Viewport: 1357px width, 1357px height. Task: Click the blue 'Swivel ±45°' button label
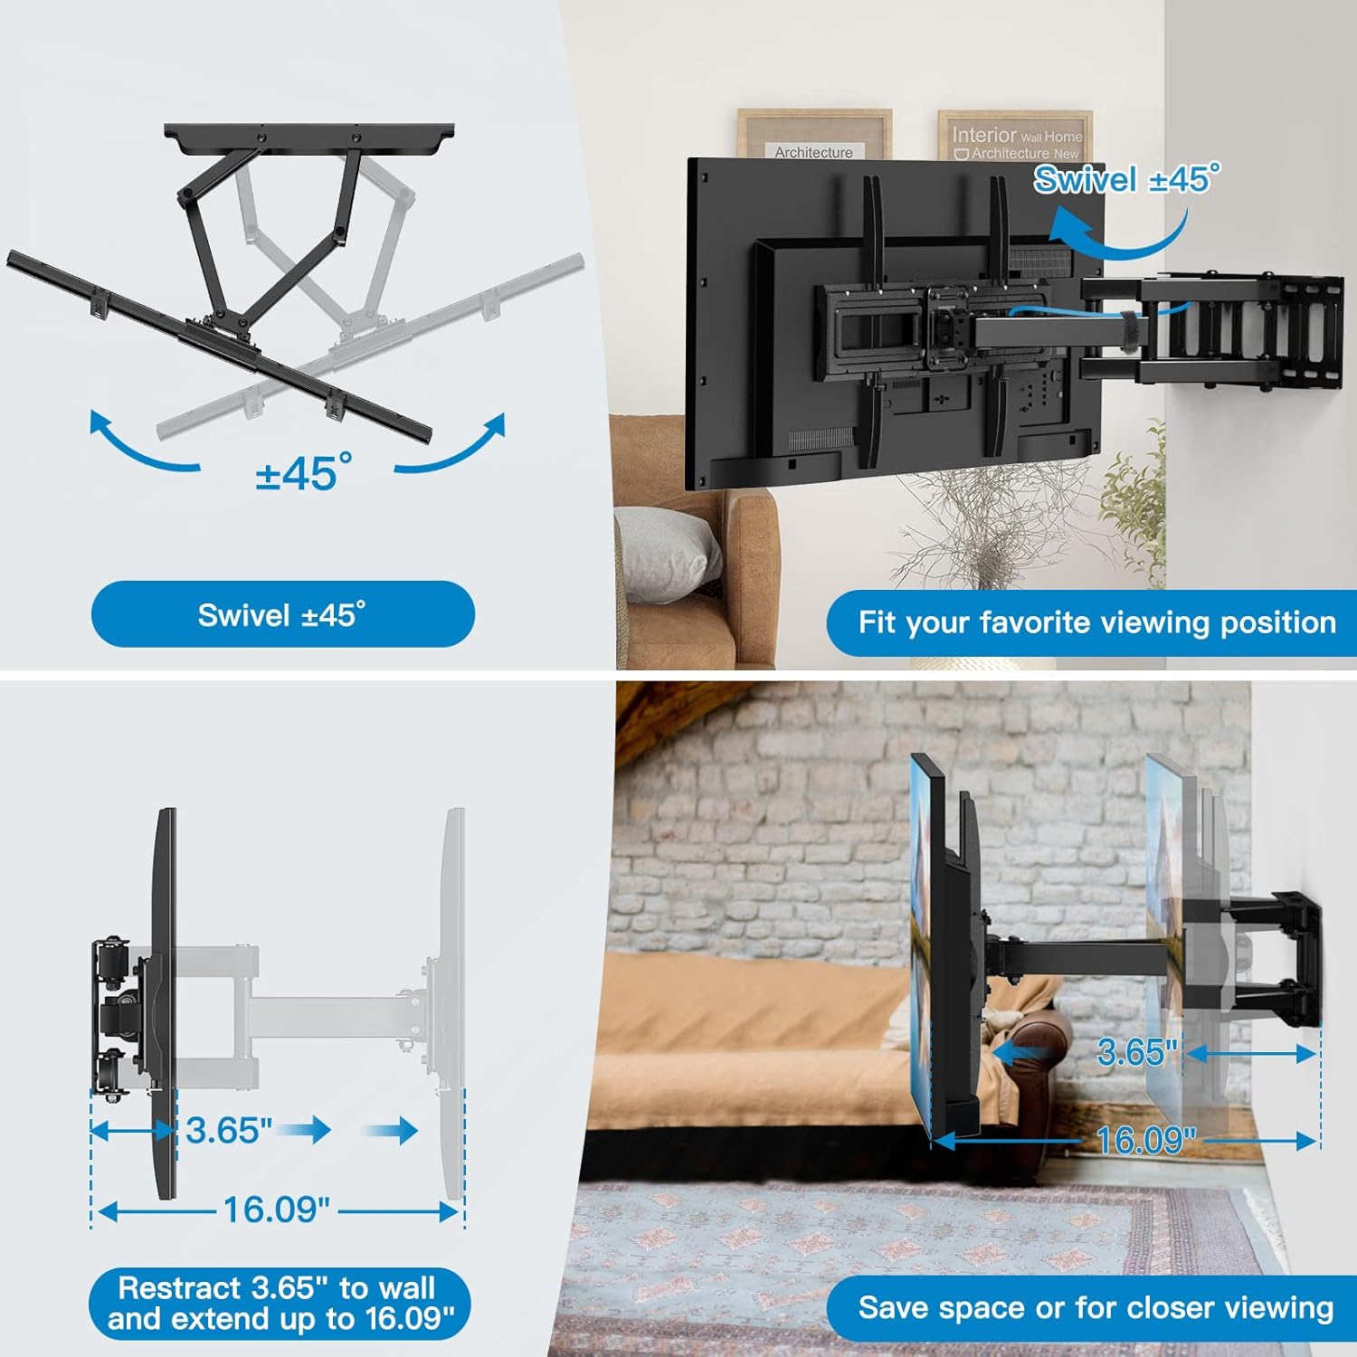point(282,615)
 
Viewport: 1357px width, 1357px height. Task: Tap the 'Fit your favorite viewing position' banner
point(1096,622)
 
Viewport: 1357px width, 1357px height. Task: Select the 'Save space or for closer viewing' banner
point(1095,1307)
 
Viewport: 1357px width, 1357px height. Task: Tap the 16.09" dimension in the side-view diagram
point(276,1210)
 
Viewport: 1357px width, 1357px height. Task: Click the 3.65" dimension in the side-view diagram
point(229,1130)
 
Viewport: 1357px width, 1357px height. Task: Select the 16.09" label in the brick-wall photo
point(1145,1140)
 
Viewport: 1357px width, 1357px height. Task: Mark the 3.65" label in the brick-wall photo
point(1137,1052)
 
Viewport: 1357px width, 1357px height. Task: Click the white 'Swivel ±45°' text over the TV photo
point(1126,179)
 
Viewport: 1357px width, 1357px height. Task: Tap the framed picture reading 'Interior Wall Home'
point(1015,136)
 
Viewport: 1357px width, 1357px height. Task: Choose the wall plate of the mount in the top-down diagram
point(308,136)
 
